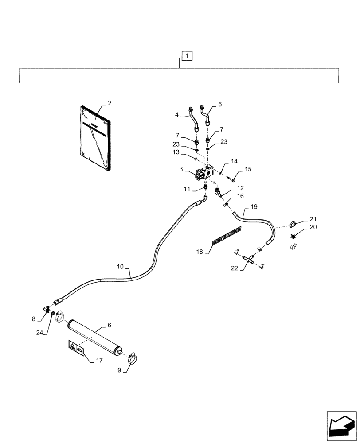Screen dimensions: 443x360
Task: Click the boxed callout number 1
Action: (187, 56)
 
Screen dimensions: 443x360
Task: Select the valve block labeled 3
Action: (205, 174)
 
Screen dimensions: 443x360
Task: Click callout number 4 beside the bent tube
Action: (176, 115)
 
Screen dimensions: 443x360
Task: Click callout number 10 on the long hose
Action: (120, 267)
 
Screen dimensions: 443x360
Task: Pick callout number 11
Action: (187, 189)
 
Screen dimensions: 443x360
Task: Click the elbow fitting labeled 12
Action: (219, 192)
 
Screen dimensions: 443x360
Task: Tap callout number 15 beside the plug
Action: (248, 169)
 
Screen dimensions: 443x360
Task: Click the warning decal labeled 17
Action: (75, 346)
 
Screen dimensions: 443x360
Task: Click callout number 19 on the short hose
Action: (254, 206)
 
